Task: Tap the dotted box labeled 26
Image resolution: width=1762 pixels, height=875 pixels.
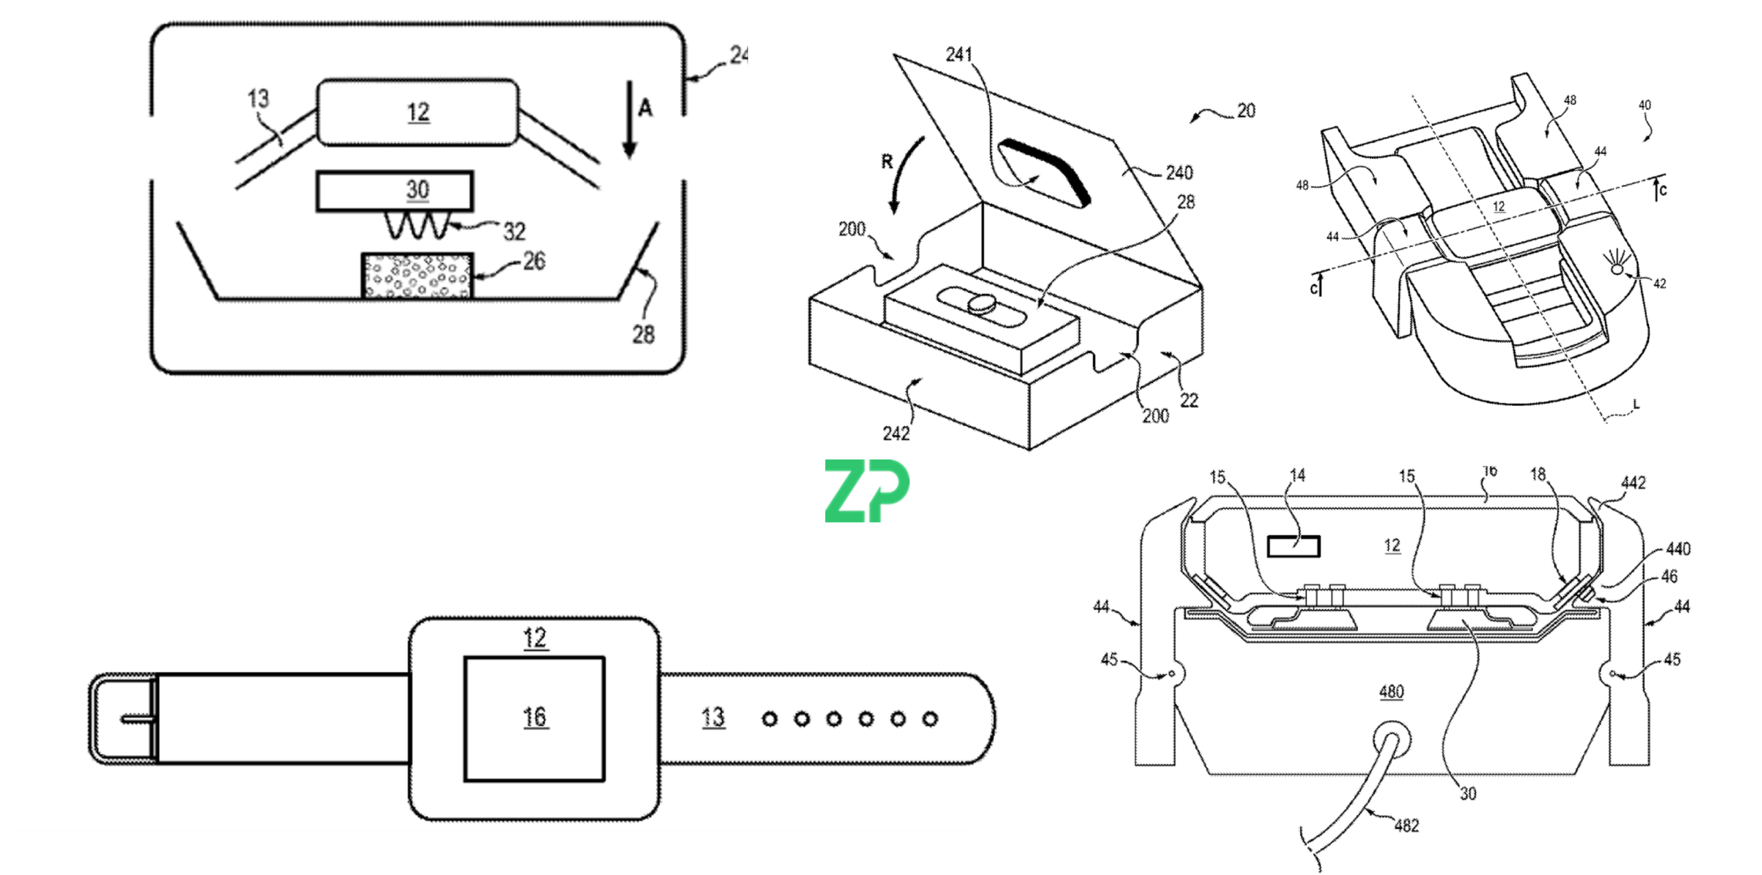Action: coord(417,276)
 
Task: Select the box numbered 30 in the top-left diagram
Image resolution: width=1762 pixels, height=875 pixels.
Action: coord(394,191)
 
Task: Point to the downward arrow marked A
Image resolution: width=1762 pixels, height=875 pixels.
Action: coord(629,120)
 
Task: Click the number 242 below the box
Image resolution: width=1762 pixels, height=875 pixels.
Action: coord(896,433)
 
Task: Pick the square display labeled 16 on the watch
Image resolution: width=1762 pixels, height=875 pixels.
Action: coord(535,719)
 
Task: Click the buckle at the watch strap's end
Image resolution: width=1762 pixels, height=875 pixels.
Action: coord(124,719)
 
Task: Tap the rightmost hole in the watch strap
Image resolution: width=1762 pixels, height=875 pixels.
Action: coord(930,720)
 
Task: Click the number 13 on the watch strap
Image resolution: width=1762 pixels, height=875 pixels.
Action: coord(713,718)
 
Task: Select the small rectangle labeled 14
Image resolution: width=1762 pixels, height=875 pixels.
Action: coord(1293,547)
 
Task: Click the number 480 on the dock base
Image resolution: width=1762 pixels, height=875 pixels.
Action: coord(1391,691)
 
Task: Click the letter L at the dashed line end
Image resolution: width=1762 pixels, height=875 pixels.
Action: coord(1636,404)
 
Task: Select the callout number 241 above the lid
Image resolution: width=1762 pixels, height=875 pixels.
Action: coord(959,54)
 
